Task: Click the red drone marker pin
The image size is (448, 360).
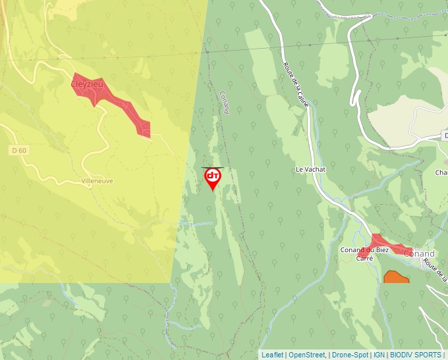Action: tap(212, 178)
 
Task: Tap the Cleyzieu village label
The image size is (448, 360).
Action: tap(87, 84)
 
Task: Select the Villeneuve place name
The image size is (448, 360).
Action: tap(97, 180)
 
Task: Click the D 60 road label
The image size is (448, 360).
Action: tap(18, 151)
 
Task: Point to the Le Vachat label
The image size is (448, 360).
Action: tap(310, 169)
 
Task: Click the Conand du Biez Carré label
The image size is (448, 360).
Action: tap(364, 254)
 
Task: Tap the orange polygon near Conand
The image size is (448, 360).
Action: tap(396, 277)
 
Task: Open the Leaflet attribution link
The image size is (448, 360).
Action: tap(272, 355)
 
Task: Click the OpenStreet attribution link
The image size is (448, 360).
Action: tap(307, 355)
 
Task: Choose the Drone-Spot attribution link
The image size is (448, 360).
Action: tap(350, 355)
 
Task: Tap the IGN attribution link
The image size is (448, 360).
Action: tap(379, 355)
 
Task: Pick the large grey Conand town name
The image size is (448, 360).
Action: tap(419, 253)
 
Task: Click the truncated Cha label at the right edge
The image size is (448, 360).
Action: tap(441, 173)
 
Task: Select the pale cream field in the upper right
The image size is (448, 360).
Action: tap(402, 118)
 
